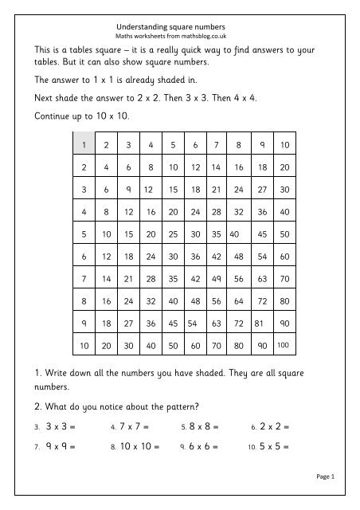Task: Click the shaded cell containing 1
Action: pos(83,144)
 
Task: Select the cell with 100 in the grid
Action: pos(284,347)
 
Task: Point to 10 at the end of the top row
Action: pos(285,144)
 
